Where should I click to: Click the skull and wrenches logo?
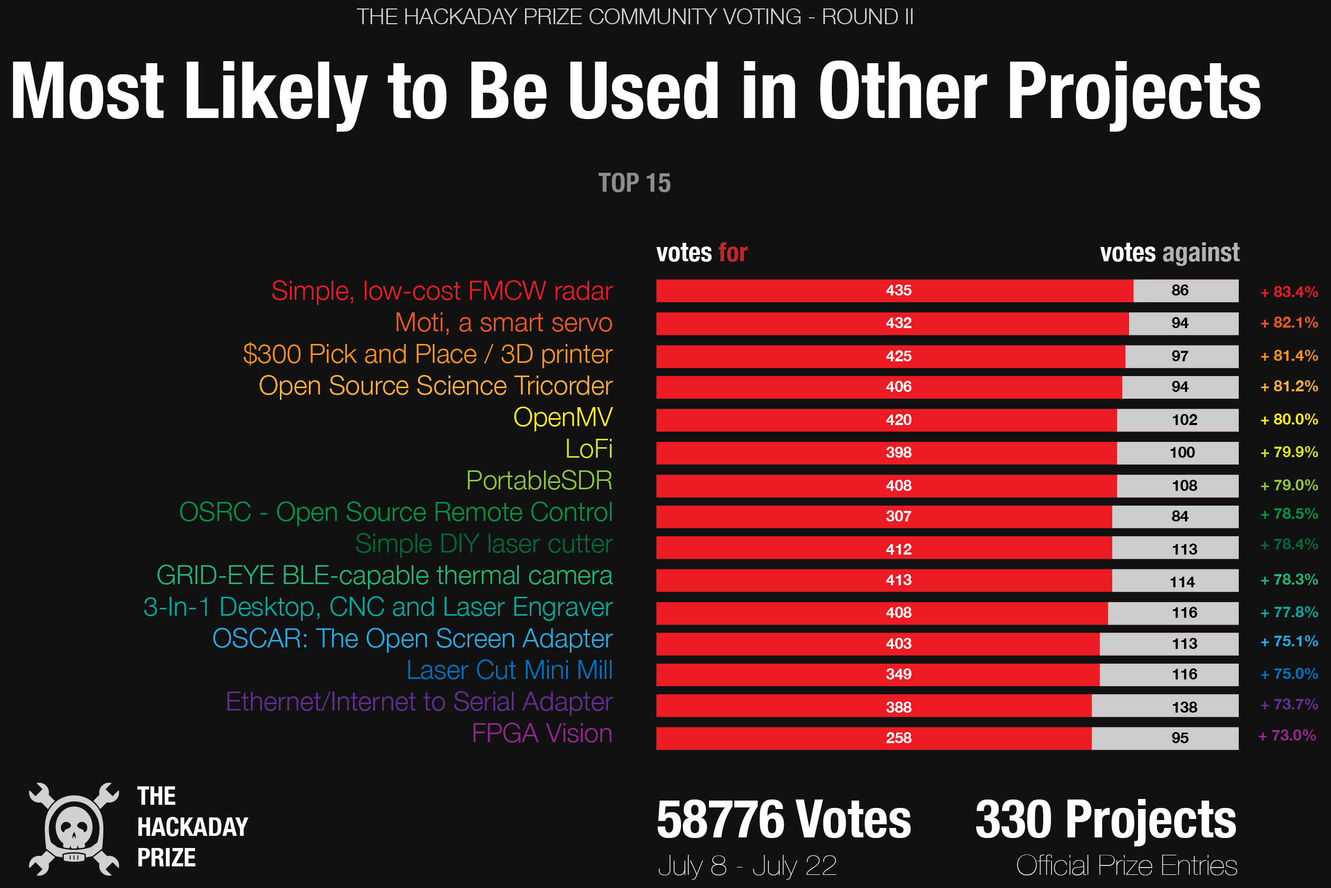(x=74, y=828)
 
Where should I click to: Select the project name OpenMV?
(x=562, y=417)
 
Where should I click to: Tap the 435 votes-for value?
(x=898, y=291)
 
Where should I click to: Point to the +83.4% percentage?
(x=1288, y=292)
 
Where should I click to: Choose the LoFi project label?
(x=589, y=449)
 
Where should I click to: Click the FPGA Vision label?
(x=542, y=733)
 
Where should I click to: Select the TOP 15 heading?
(x=634, y=183)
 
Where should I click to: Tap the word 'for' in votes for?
(x=733, y=253)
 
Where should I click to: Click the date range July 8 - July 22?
(x=747, y=866)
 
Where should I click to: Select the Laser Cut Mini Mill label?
(x=509, y=670)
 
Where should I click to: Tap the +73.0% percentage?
(x=1287, y=736)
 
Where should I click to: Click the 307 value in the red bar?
(x=898, y=516)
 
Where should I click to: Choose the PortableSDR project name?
(x=539, y=481)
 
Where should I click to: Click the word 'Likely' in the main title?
(x=275, y=92)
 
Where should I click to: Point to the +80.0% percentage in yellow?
(x=1288, y=420)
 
